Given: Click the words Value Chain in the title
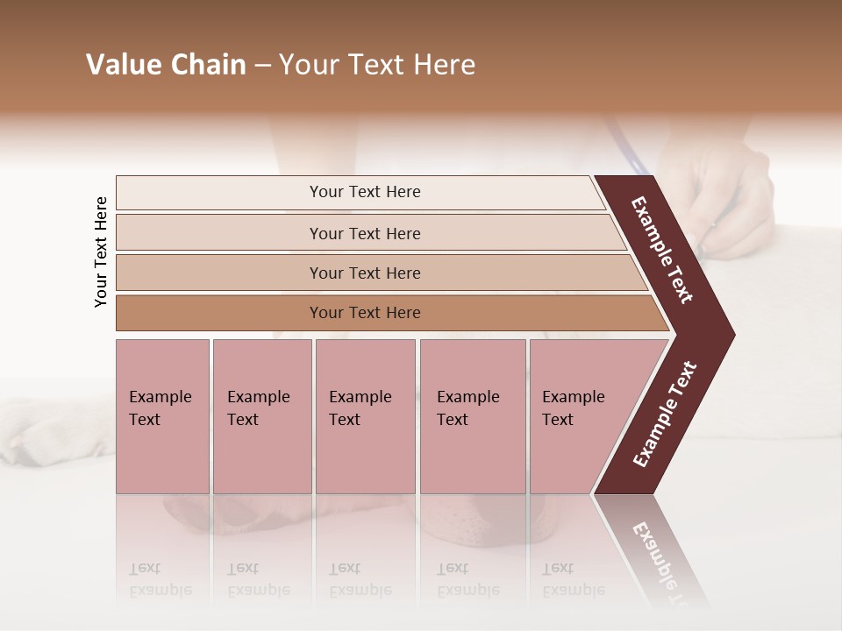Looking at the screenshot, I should click(166, 65).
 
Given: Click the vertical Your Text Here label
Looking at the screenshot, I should click(101, 252).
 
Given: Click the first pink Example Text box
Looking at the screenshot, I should click(162, 416).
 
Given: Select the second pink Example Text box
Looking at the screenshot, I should click(261, 416).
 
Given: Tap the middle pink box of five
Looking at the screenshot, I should click(365, 416).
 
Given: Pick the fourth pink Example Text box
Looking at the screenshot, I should click(472, 416).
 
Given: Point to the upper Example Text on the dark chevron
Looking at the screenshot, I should click(662, 250).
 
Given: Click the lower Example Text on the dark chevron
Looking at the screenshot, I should click(665, 415).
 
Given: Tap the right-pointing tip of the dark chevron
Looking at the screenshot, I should click(730, 334).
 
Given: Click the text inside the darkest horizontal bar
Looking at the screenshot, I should click(365, 313).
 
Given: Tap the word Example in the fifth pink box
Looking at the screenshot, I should click(573, 397).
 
